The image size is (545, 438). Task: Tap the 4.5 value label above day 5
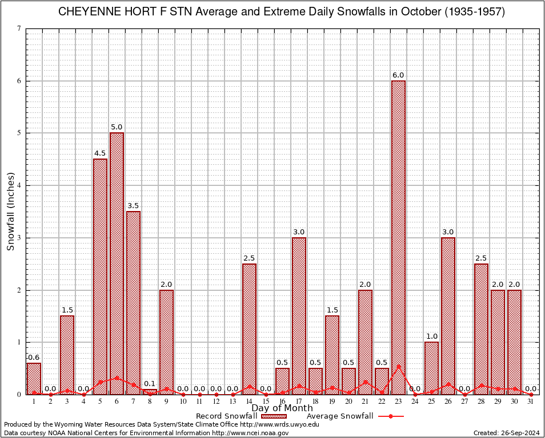100,153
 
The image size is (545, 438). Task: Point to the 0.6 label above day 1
34,358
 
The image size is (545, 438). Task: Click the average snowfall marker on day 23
398,367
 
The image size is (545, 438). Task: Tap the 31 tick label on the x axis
531,401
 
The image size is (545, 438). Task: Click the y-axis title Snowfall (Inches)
10,212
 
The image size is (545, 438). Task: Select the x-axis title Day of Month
282,408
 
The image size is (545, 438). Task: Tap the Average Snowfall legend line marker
390,416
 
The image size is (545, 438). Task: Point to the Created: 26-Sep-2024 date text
507,433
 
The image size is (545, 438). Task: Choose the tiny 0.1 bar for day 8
150,392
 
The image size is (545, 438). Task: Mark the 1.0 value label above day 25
431,336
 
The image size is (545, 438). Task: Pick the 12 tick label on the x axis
216,401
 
